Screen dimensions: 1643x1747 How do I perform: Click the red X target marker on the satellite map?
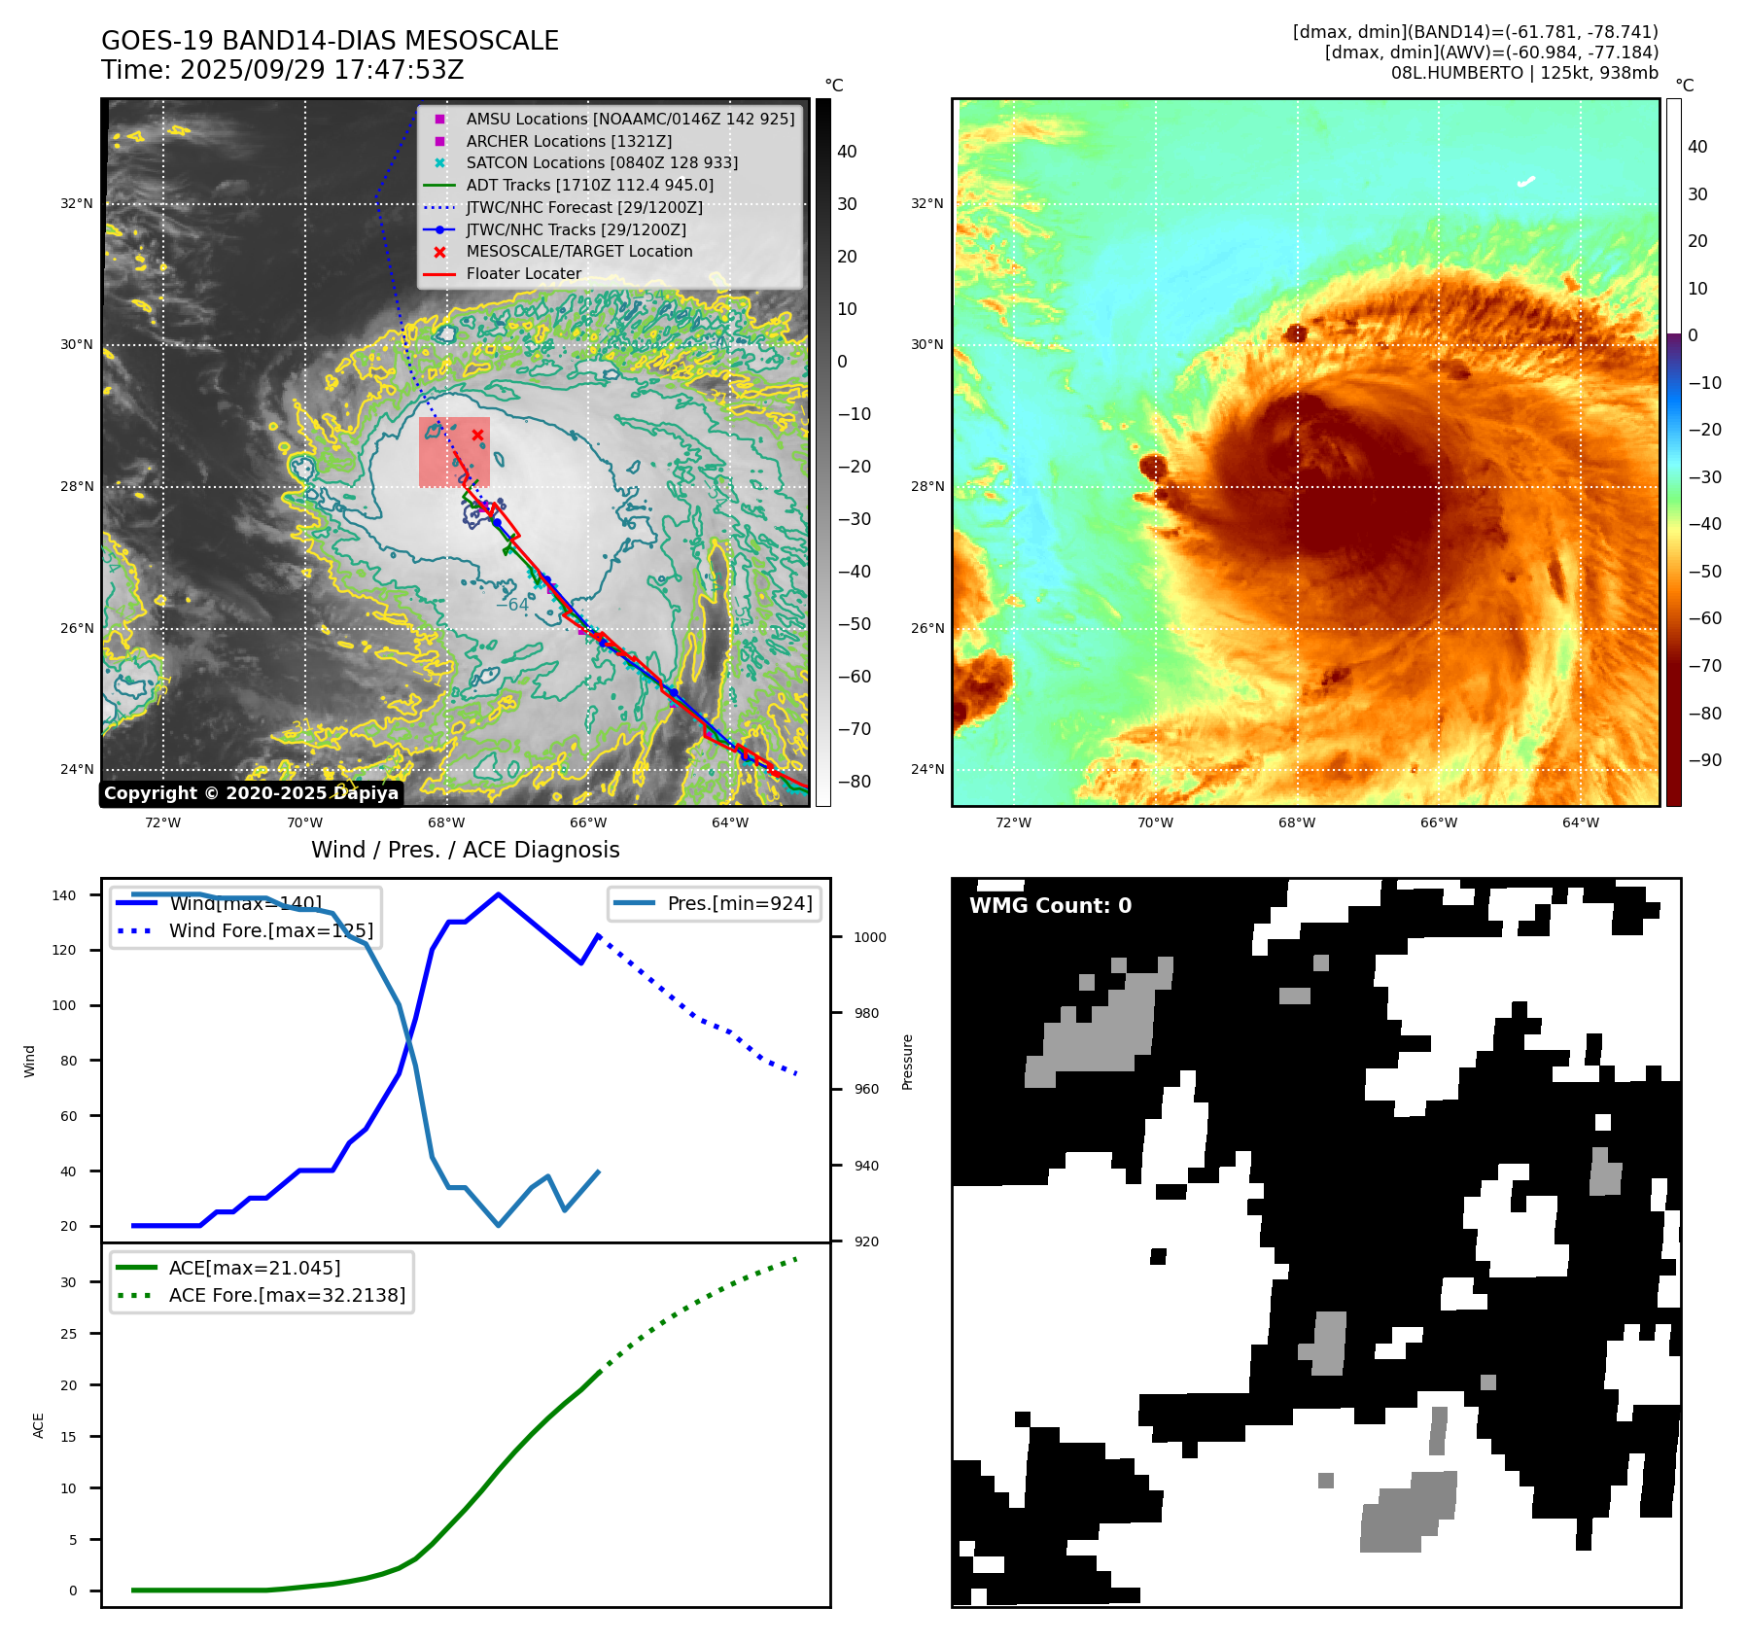pyautogui.click(x=477, y=435)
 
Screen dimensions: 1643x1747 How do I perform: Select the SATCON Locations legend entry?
pyautogui.click(x=602, y=162)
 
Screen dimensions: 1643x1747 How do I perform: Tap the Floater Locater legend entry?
pyautogui.click(x=523, y=273)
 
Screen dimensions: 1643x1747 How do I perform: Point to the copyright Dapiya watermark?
pyautogui.click(x=251, y=793)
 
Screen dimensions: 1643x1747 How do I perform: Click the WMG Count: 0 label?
pyautogui.click(x=1050, y=905)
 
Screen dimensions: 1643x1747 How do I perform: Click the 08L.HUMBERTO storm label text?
pyautogui.click(x=1523, y=73)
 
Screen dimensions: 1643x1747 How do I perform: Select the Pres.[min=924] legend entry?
pyautogui.click(x=739, y=903)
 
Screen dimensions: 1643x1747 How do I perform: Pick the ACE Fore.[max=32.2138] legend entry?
pyautogui.click(x=287, y=1295)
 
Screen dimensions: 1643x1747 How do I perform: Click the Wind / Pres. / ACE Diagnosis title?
pyautogui.click(x=465, y=850)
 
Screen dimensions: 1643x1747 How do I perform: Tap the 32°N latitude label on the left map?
pyautogui.click(x=77, y=203)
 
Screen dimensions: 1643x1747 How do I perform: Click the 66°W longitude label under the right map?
pyautogui.click(x=1438, y=822)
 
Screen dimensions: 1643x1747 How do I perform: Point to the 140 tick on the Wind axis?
pyautogui.click(x=64, y=895)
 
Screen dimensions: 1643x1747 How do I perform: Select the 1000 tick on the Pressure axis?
pyautogui.click(x=869, y=937)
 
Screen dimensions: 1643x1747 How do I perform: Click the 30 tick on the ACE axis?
pyautogui.click(x=68, y=1282)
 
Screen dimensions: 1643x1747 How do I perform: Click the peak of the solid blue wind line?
pyautogui.click(x=498, y=894)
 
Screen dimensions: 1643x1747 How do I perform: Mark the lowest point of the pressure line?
pyautogui.click(x=499, y=1225)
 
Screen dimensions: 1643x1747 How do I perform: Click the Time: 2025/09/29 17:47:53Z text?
pyautogui.click(x=282, y=70)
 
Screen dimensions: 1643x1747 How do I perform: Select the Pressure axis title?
pyautogui.click(x=907, y=1062)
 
